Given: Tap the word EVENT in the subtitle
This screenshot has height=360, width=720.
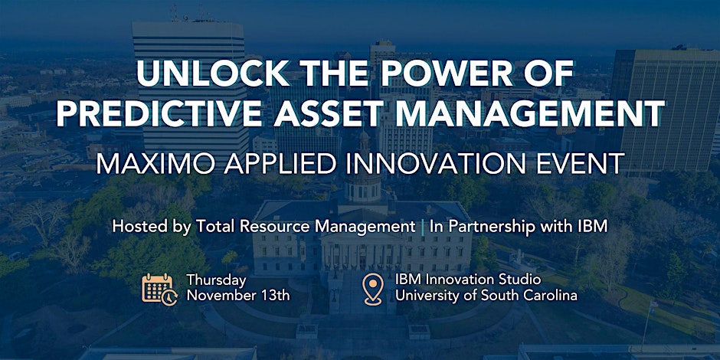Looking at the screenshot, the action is [579, 163].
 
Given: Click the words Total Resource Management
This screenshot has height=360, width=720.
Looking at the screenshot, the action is [306, 227].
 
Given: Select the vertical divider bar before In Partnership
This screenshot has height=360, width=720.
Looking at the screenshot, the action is [423, 227].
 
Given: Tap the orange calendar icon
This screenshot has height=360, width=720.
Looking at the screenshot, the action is [159, 289].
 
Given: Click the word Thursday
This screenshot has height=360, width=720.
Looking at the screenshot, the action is [216, 280].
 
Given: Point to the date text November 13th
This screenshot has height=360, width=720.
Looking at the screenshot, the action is [238, 295].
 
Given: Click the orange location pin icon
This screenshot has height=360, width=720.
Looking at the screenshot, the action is [372, 289].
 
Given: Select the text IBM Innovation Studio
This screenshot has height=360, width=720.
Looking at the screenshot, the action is [468, 280].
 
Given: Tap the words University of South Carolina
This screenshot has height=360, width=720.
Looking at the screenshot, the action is [486, 295].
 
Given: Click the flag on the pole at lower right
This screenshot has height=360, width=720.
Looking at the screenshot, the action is [653, 304].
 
